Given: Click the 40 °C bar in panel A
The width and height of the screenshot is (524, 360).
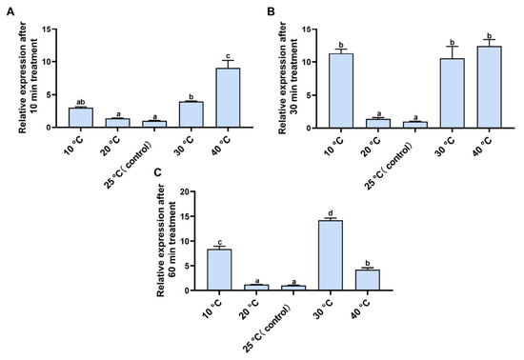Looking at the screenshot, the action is [228, 97].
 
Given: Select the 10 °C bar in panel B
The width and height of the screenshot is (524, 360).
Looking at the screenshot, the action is [341, 90].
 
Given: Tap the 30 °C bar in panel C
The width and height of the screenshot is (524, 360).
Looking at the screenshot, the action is [331, 255].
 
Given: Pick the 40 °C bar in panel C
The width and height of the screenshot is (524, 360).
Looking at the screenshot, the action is [367, 280].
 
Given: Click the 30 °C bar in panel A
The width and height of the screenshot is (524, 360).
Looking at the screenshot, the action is [191, 114].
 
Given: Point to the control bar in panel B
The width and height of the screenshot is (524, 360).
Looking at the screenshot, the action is [415, 125].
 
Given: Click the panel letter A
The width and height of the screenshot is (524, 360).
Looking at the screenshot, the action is [10, 12].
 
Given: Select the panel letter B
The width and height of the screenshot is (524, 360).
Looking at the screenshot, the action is [271, 12].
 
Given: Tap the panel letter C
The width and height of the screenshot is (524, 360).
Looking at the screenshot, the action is [158, 172].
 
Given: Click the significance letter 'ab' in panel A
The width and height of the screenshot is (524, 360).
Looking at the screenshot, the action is [81, 102].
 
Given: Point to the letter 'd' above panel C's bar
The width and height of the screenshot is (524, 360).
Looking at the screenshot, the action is [331, 213].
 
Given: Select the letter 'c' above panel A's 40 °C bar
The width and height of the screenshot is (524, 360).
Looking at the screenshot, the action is [229, 56].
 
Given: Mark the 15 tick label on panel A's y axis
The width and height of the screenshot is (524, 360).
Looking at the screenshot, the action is [47, 30].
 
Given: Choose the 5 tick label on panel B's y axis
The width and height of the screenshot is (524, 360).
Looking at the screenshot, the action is [310, 95].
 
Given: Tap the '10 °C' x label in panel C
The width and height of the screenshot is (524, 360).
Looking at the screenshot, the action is [212, 309].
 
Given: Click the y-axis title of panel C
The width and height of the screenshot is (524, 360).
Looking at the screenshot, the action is [166, 240].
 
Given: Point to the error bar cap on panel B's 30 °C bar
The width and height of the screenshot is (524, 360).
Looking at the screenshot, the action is [453, 47].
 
